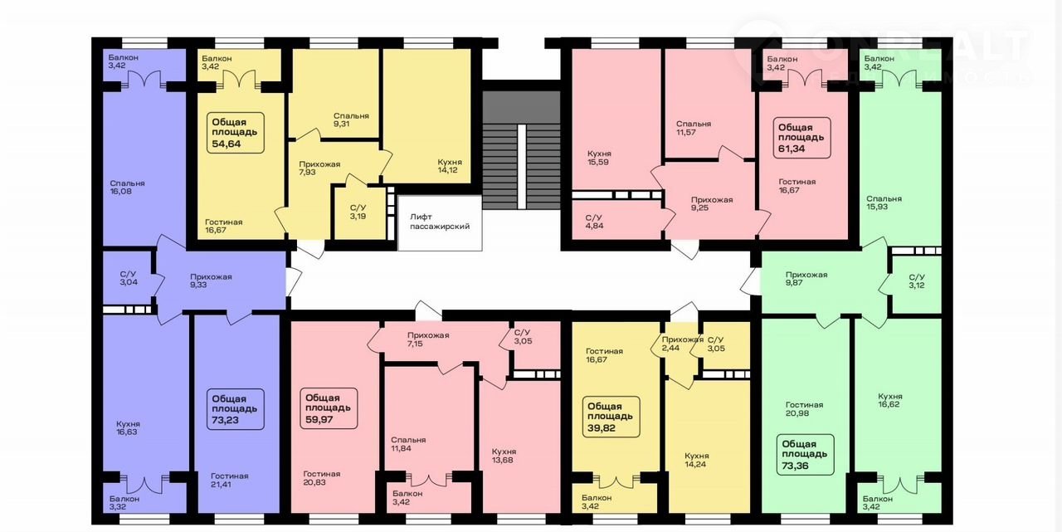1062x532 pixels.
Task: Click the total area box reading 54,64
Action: tap(236, 133)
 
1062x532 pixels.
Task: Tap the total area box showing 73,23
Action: tap(236, 409)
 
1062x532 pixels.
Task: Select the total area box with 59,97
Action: tap(329, 408)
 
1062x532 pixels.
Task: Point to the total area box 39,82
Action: tap(611, 417)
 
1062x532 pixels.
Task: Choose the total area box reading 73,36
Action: tap(805, 455)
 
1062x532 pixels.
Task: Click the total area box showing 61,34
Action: tap(802, 138)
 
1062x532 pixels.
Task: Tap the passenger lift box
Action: tap(440, 223)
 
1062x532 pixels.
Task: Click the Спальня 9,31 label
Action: tap(351, 120)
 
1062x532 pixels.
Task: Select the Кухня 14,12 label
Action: tap(450, 166)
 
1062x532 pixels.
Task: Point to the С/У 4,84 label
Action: tap(595, 222)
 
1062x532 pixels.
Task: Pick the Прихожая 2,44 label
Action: tap(683, 344)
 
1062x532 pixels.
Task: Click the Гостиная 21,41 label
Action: tap(230, 480)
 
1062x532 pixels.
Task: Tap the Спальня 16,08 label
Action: tap(127, 188)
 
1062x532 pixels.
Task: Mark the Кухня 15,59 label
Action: tap(599, 158)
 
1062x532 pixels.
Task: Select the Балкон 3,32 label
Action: tap(124, 503)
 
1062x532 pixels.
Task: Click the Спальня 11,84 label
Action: tap(408, 444)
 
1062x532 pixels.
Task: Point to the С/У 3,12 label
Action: tap(917, 281)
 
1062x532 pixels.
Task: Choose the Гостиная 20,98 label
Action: tap(804, 408)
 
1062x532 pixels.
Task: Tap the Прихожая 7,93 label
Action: tap(319, 168)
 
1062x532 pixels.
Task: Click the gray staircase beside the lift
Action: tap(522, 150)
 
